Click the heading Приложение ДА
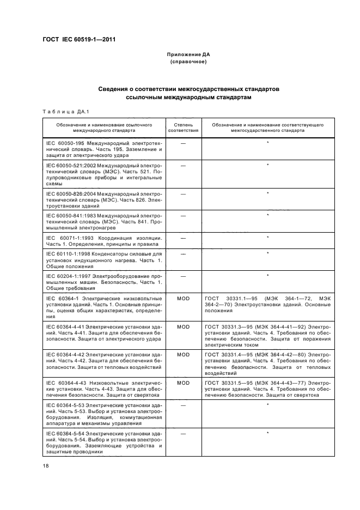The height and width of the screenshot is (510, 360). (x=188, y=55)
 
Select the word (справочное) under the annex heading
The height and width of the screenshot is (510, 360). (x=188, y=62)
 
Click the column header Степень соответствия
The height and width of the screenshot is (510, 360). (x=183, y=128)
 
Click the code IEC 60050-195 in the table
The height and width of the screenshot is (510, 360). (x=64, y=143)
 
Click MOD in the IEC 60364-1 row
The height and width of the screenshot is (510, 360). (x=183, y=299)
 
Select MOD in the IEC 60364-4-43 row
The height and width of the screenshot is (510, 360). (x=183, y=384)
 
